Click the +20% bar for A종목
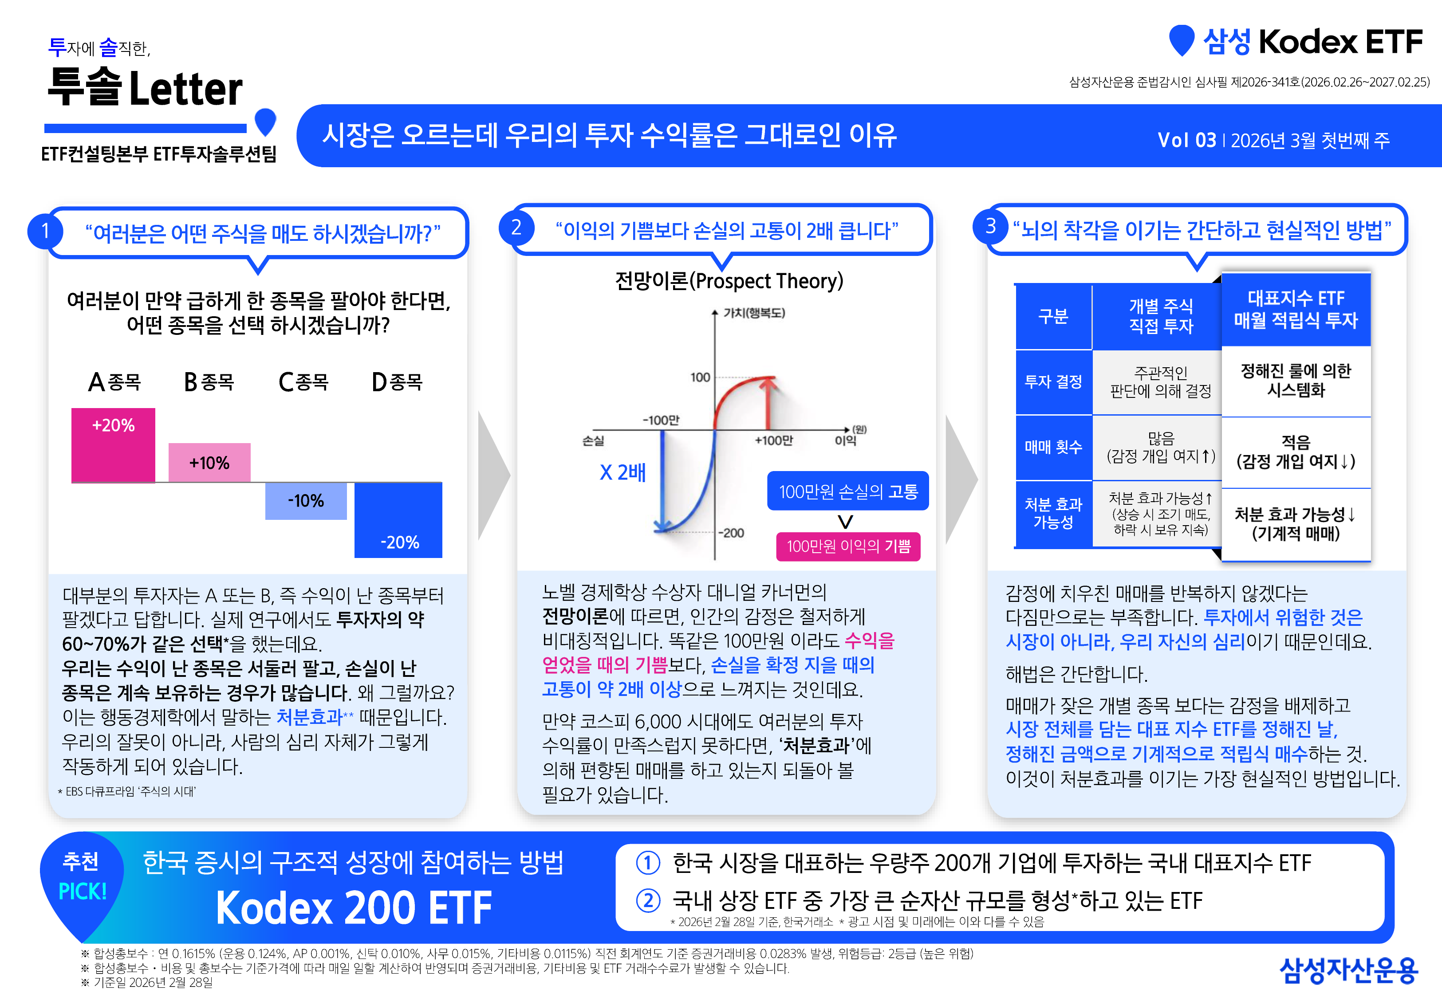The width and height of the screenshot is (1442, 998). [x=113, y=445]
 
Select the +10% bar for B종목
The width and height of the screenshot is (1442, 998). [x=209, y=463]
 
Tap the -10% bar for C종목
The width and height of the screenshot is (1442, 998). [x=306, y=501]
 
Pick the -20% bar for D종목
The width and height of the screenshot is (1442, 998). [x=398, y=520]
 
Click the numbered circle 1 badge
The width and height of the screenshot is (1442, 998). [x=45, y=232]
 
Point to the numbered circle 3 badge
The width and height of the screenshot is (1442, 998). [x=990, y=226]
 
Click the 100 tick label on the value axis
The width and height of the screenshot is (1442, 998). [x=700, y=377]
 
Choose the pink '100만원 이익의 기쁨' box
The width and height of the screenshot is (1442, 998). [x=848, y=546]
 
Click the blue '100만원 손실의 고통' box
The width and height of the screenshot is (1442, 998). [x=848, y=491]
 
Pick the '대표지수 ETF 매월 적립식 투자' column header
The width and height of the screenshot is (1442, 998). [x=1296, y=309]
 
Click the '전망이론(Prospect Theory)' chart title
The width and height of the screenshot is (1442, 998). [x=729, y=281]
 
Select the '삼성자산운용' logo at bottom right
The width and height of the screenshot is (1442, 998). [x=1348, y=970]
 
